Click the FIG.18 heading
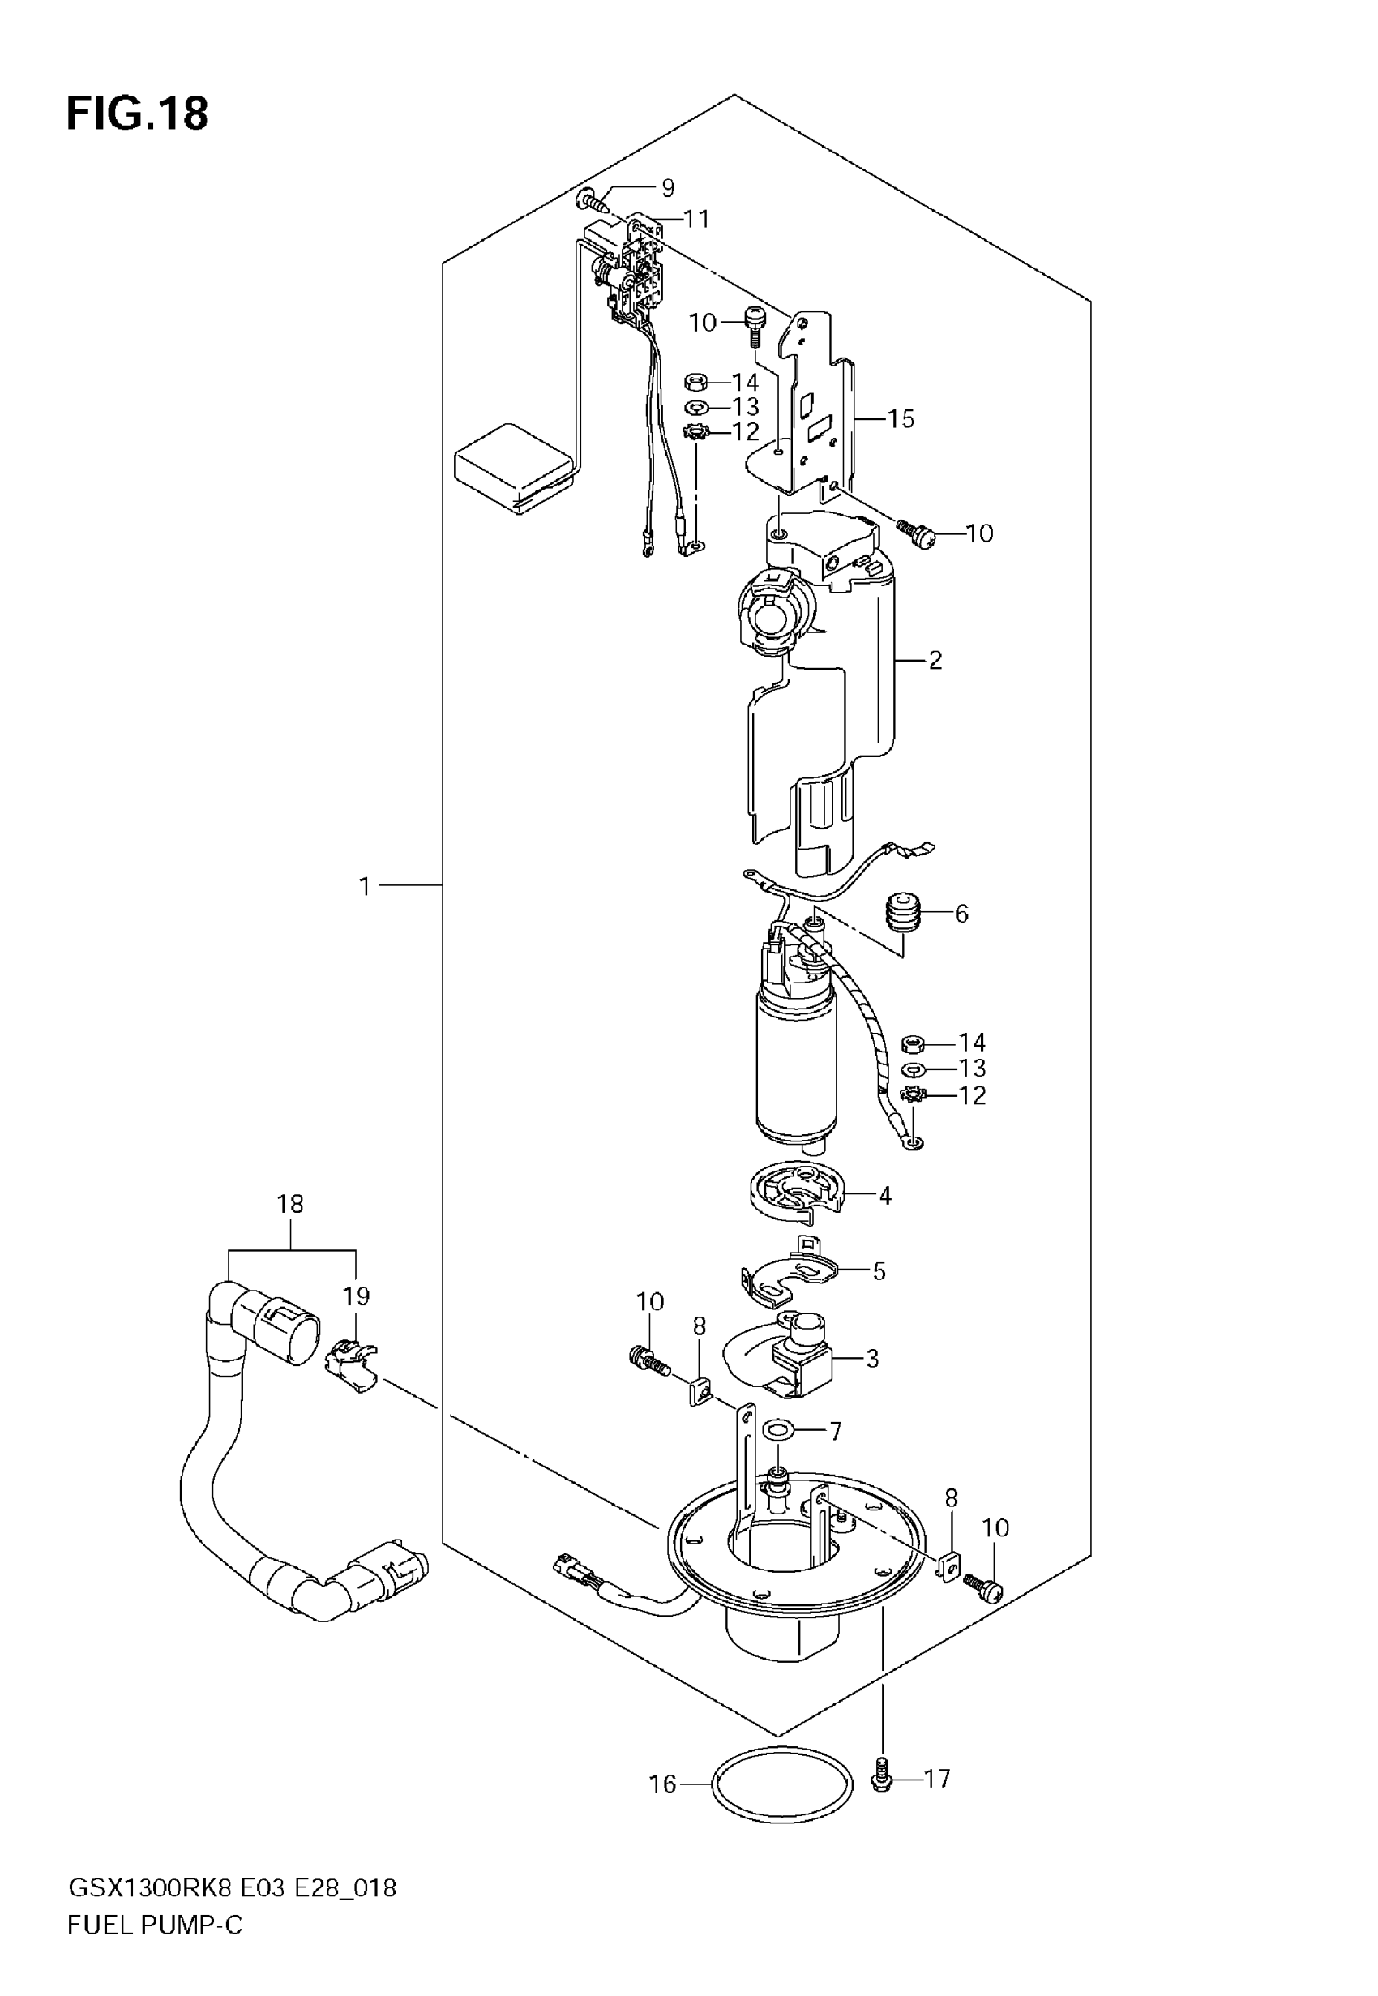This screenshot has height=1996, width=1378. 137,114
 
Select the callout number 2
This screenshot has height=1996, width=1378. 935,661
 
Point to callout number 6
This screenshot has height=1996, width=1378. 962,914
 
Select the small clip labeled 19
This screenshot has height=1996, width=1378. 349,1367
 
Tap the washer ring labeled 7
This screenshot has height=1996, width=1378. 781,1432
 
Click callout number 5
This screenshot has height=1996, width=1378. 879,1272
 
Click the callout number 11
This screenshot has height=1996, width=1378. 696,219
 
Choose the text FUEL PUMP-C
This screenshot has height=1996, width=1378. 156,1925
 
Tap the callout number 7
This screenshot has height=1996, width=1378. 835,1432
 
